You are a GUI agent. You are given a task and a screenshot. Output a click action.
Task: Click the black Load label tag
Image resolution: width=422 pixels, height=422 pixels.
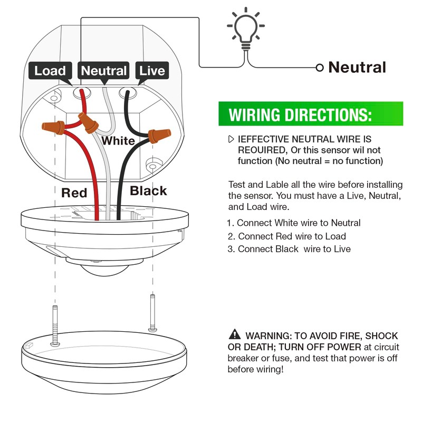pyautogui.click(x=50, y=71)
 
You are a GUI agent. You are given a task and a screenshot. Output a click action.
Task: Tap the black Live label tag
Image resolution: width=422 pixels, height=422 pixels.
pyautogui.click(x=151, y=71)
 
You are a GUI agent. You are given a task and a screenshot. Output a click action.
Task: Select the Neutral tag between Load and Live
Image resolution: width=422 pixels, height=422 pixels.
pyautogui.click(x=104, y=71)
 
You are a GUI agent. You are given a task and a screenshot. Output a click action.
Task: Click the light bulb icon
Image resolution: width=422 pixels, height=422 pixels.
pyautogui.click(x=244, y=30)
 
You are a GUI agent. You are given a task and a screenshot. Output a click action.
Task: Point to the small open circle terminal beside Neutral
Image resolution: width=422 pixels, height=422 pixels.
pyautogui.click(x=319, y=68)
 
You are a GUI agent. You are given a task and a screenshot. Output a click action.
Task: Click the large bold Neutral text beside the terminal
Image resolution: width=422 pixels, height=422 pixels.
pyautogui.click(x=357, y=68)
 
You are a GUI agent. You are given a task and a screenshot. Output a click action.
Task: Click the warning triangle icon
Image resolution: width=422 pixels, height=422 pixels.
pyautogui.click(x=234, y=334)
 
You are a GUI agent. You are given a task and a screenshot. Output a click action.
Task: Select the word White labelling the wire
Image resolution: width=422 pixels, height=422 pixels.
pyautogui.click(x=118, y=141)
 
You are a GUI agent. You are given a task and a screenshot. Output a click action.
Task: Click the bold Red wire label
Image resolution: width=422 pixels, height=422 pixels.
pyautogui.click(x=74, y=193)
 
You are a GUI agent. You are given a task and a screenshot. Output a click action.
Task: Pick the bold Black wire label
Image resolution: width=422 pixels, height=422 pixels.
pyautogui.click(x=148, y=191)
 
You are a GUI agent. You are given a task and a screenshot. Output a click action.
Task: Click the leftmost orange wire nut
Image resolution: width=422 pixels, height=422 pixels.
pyautogui.click(x=53, y=127)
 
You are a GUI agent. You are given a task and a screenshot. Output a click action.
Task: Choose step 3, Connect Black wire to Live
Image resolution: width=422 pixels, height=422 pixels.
pyautogui.click(x=290, y=249)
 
